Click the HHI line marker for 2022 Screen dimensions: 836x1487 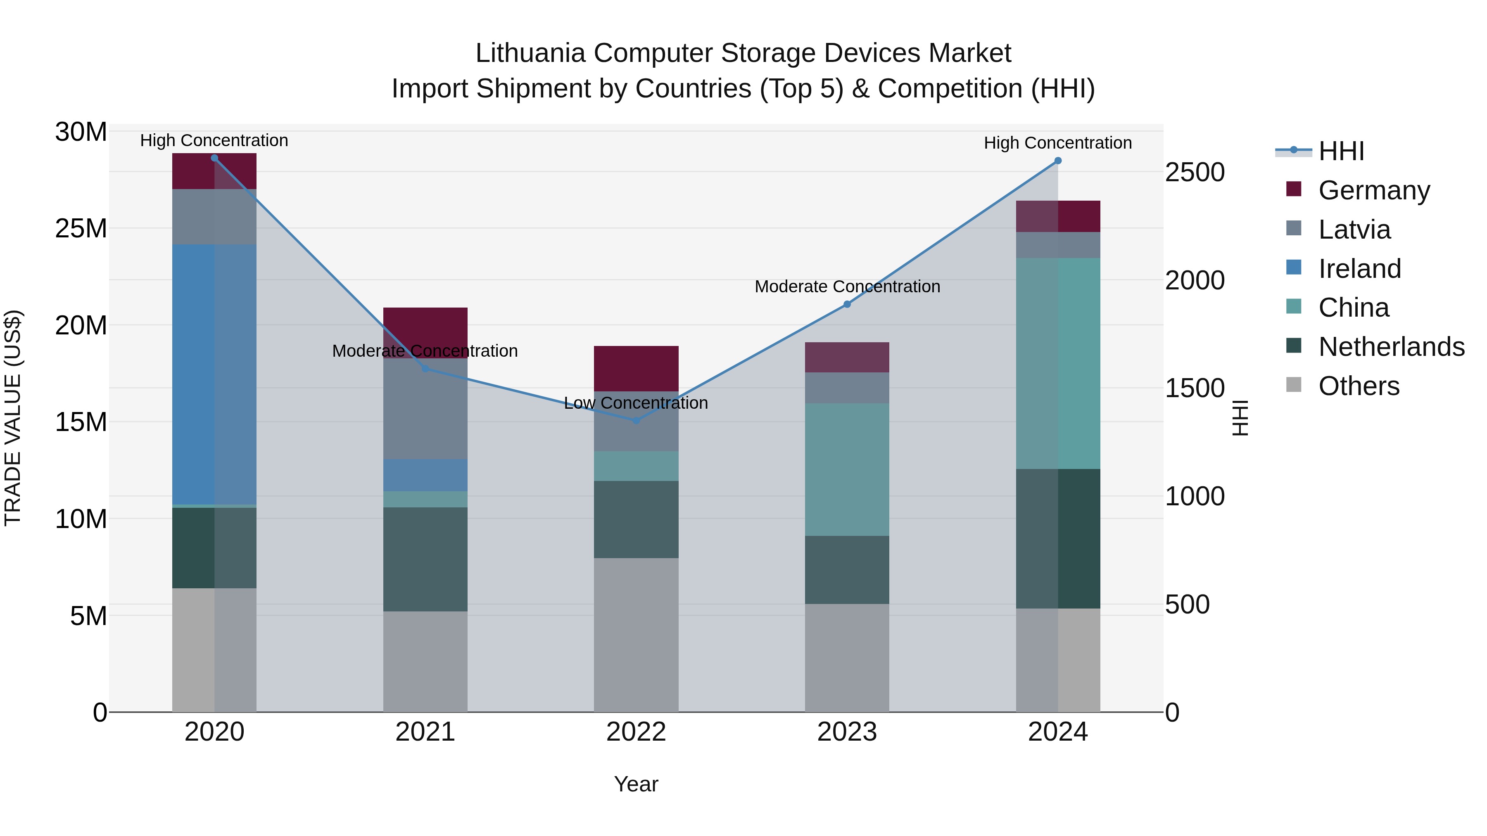(636, 421)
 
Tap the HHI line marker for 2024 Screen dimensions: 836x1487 (1058, 161)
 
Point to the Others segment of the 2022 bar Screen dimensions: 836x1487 (636, 635)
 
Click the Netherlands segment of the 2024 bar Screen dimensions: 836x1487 (1058, 538)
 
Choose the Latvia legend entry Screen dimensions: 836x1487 (1354, 230)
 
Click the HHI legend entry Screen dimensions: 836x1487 (1341, 151)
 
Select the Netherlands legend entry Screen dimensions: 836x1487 (1391, 347)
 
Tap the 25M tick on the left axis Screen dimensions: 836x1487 (81, 228)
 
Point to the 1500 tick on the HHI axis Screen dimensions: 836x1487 (1194, 388)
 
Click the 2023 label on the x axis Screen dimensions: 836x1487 (847, 732)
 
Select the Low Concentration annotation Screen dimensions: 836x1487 (636, 403)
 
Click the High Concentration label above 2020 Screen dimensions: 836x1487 (214, 140)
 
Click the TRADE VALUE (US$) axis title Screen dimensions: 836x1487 (13, 418)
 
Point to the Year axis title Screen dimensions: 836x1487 (636, 784)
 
